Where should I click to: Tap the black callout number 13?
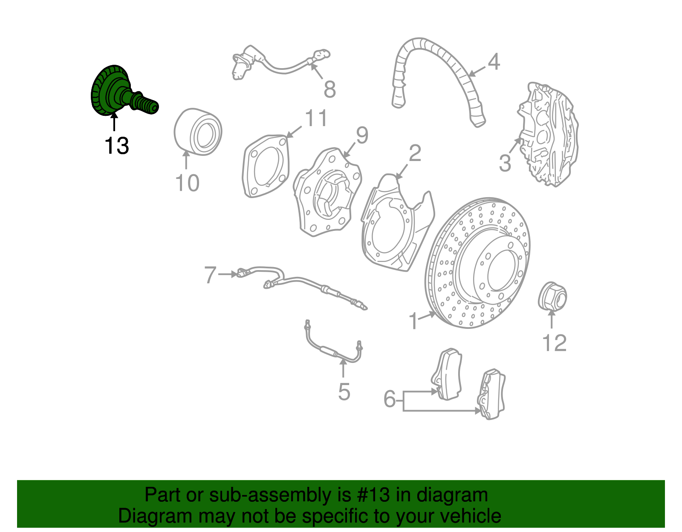point(116,146)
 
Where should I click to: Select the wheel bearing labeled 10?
point(198,132)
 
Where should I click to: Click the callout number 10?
point(187,183)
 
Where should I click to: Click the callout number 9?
point(362,135)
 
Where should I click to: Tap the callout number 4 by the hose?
point(494,62)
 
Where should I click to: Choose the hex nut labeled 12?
point(552,296)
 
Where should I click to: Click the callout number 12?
point(554,343)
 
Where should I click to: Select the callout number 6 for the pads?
point(390,399)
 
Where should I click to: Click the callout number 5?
point(344,392)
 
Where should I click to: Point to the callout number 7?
point(211,275)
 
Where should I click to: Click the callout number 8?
point(330,89)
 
